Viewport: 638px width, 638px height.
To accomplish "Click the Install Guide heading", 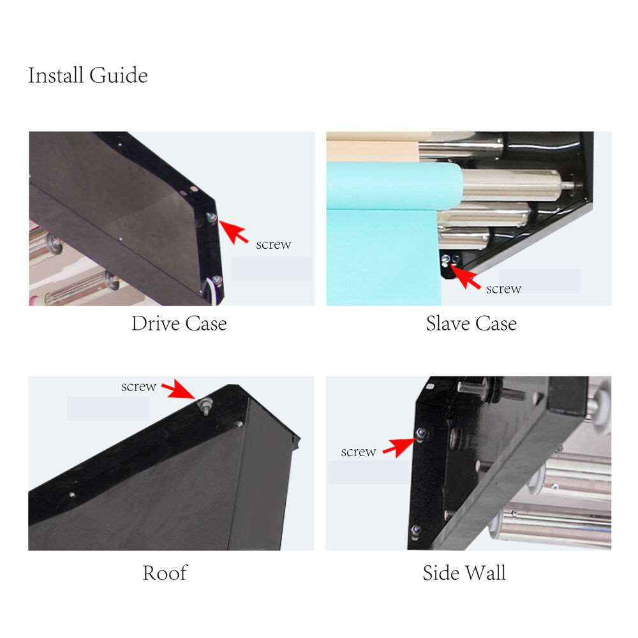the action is point(87,75).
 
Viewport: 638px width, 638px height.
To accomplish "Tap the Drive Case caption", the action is point(179,323).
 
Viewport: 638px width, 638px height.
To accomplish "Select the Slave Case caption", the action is point(471,323).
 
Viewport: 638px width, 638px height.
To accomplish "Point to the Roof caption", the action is point(165,573).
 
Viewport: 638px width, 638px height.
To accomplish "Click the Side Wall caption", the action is point(464,573).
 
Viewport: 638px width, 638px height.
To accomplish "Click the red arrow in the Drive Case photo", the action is point(233,232).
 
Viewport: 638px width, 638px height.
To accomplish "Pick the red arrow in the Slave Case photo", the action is point(464,277).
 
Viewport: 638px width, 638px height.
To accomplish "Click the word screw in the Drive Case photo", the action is point(274,244).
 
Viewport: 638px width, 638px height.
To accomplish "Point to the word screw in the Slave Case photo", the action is point(504,288).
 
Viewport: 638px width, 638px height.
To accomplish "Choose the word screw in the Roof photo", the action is point(138,386).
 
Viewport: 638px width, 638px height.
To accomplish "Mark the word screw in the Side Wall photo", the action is point(358,452).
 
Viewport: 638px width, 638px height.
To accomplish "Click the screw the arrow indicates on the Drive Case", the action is point(212,218).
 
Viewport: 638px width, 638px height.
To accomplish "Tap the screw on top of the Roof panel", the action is point(205,405).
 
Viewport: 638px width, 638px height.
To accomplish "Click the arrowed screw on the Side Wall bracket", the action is point(420,433).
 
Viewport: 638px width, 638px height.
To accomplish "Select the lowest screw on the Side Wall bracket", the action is point(416,531).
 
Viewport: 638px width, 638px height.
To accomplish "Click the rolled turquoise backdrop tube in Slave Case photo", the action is point(394,186).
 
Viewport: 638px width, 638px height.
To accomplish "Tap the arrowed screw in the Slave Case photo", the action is point(446,260).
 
